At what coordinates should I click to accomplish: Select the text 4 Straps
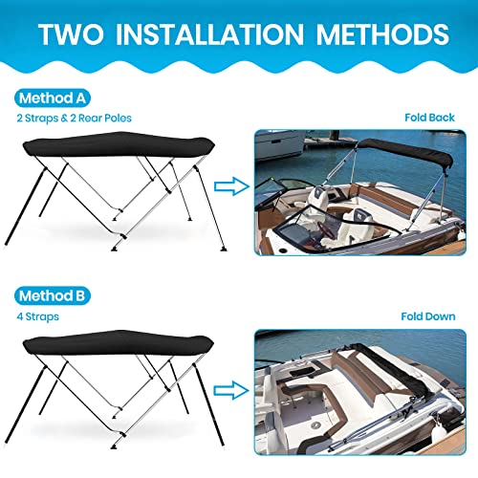pyautogui.click(x=36, y=316)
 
